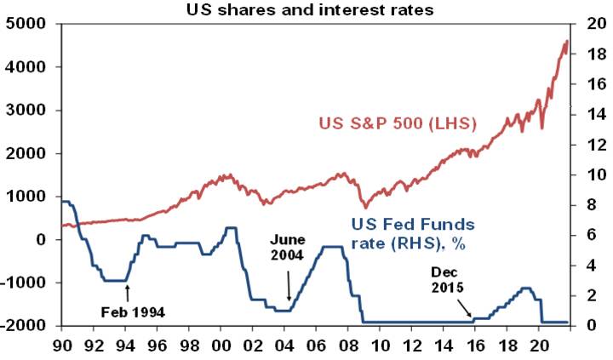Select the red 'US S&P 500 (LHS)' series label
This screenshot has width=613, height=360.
398,124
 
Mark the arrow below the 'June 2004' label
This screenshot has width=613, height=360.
289,286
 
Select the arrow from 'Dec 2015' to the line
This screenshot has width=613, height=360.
467,308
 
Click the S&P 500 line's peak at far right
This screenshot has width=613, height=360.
566,41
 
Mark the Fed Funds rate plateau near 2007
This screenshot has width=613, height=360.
332,247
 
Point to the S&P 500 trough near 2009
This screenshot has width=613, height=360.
366,207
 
